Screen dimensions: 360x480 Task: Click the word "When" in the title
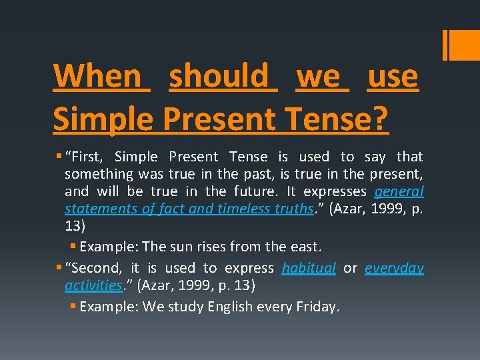97,77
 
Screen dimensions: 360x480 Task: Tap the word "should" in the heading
223,77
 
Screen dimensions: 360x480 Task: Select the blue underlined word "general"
399,191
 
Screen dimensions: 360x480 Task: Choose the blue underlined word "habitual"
309,268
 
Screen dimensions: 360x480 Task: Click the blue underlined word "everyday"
395,268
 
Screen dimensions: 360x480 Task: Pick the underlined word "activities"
93,285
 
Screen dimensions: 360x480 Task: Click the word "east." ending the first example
304,247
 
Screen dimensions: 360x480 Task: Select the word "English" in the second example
231,307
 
